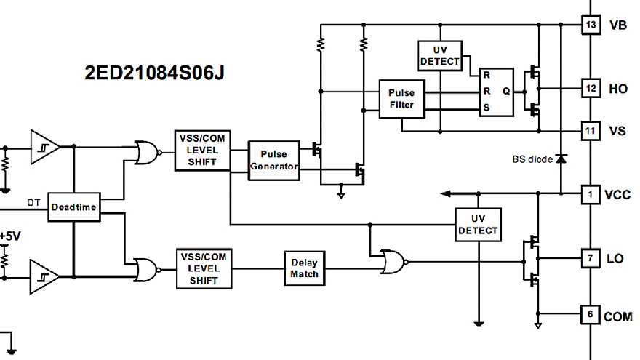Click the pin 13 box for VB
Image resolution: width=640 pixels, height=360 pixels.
591,25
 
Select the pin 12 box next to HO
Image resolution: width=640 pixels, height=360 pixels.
591,89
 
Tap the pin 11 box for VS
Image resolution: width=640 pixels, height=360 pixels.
591,131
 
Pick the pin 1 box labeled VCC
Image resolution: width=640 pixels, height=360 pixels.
591,194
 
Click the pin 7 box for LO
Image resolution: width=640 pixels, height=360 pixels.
591,258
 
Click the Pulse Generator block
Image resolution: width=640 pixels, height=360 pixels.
274,160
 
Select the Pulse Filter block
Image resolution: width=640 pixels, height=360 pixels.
401,99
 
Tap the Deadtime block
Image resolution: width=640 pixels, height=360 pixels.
73,207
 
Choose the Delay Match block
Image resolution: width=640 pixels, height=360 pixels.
304,268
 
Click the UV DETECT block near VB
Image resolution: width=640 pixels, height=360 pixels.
440,55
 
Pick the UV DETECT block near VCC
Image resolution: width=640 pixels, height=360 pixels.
478,225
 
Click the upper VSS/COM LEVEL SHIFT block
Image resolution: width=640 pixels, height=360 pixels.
202,151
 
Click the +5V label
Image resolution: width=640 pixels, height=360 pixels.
11,237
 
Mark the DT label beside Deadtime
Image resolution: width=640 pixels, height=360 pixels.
33,201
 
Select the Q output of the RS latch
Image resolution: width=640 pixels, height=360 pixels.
506,92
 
